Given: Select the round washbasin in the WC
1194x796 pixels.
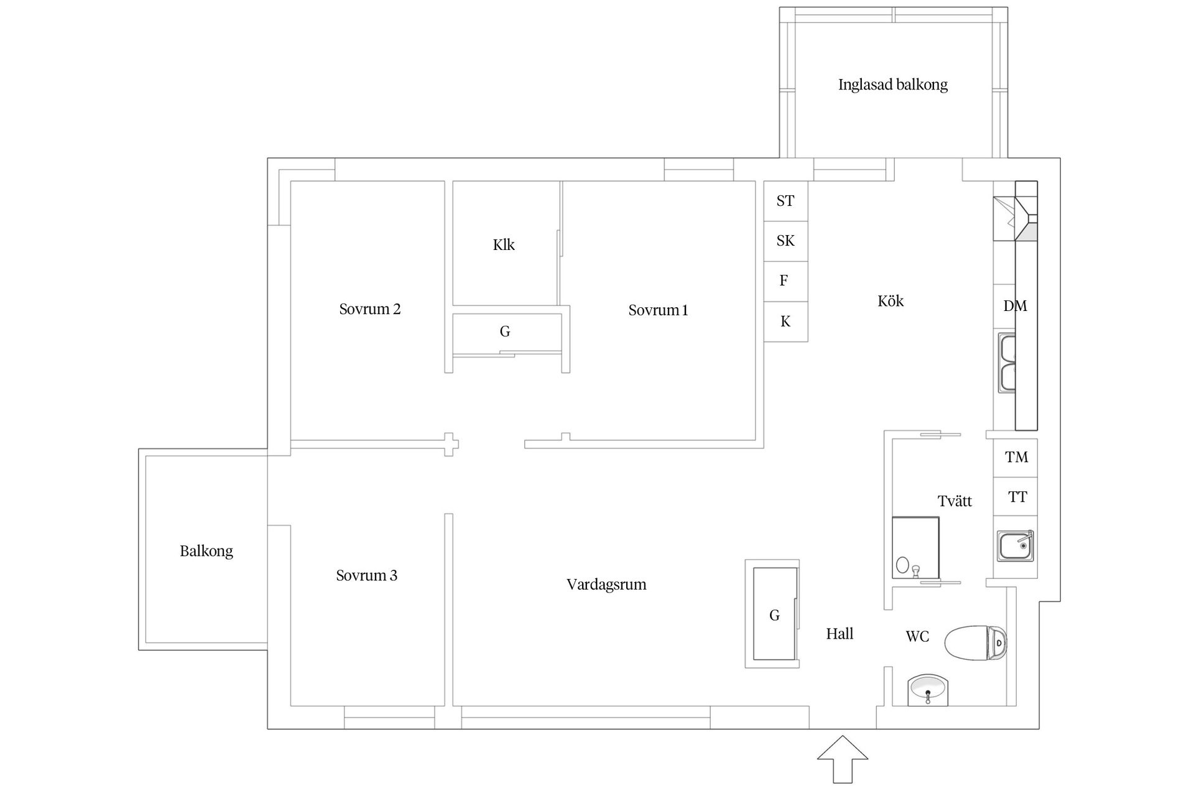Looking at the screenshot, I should coord(928,690).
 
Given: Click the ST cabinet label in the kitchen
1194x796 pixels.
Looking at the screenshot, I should coord(785,201).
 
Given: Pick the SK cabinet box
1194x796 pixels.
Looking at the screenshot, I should coord(785,241).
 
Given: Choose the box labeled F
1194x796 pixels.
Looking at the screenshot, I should coord(785,281).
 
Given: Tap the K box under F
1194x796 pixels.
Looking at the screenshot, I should coord(785,322).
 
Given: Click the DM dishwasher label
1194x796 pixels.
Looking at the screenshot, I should coord(1015,306).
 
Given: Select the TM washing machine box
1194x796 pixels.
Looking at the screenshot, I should coord(1016,458).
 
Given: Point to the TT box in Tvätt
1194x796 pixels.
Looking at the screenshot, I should coord(1016,497).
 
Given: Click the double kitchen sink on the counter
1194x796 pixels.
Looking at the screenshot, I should coord(1007,364).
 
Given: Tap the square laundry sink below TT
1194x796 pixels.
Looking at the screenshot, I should coord(1016,546).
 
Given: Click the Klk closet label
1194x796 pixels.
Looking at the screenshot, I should coord(504,245).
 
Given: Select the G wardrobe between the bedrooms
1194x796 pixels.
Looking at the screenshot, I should coord(505,332).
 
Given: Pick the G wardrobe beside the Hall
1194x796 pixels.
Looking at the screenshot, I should coord(774,614).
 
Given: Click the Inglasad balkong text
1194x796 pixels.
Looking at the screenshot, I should coord(892,85).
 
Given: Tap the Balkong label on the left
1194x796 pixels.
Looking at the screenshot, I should coord(206,551).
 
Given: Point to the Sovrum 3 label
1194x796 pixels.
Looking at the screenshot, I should coord(366,576).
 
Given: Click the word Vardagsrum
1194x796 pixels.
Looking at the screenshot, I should coord(606,585).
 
